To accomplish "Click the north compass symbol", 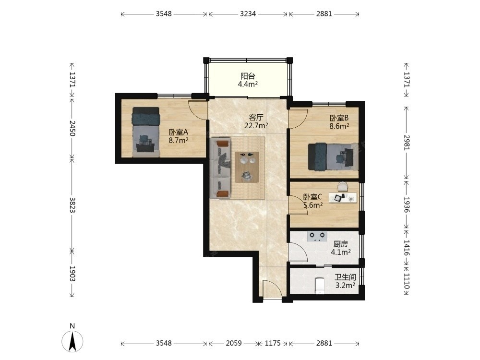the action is pyautogui.click(x=72, y=341).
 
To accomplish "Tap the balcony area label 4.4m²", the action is pyautogui.click(x=248, y=84).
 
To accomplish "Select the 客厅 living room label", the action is pyautogui.click(x=256, y=117).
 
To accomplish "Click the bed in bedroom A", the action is pyautogui.click(x=146, y=132).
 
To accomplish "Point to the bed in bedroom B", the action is pyautogui.click(x=333, y=156).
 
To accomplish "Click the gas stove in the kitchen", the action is pyautogui.click(x=317, y=236).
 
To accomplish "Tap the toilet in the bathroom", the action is pyautogui.click(x=320, y=286).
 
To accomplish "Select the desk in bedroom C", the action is pyautogui.click(x=343, y=198).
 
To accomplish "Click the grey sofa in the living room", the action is pyautogui.click(x=220, y=168).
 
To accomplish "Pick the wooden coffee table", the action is pyautogui.click(x=247, y=167).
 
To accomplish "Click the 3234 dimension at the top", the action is pyautogui.click(x=248, y=14).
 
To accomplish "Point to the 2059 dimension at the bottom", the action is pyautogui.click(x=234, y=343).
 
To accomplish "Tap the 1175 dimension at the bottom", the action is pyautogui.click(x=273, y=343).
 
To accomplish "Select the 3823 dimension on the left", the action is pyautogui.click(x=72, y=205).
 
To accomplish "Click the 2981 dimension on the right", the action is pyautogui.click(x=407, y=143).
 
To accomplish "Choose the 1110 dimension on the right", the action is pyautogui.click(x=407, y=281).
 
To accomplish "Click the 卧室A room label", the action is pyautogui.click(x=178, y=132).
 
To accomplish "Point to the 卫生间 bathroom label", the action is pyautogui.click(x=345, y=277).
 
